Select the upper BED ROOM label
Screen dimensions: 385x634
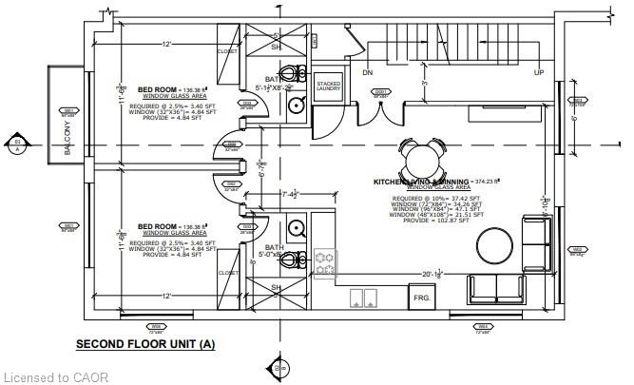(x=157, y=88)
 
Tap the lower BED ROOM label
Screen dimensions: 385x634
(x=157, y=226)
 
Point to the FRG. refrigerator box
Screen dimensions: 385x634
(x=421, y=298)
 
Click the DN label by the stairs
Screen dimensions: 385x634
(x=368, y=73)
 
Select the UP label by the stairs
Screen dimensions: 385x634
(x=539, y=73)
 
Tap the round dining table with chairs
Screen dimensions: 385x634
(x=421, y=154)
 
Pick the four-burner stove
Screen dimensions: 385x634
(x=325, y=264)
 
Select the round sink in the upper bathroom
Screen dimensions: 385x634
(x=298, y=105)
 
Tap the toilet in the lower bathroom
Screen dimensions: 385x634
(x=296, y=259)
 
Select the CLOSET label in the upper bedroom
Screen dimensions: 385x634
(x=227, y=51)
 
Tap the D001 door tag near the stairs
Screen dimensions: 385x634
(x=381, y=94)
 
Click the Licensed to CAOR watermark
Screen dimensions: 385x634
(x=55, y=377)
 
